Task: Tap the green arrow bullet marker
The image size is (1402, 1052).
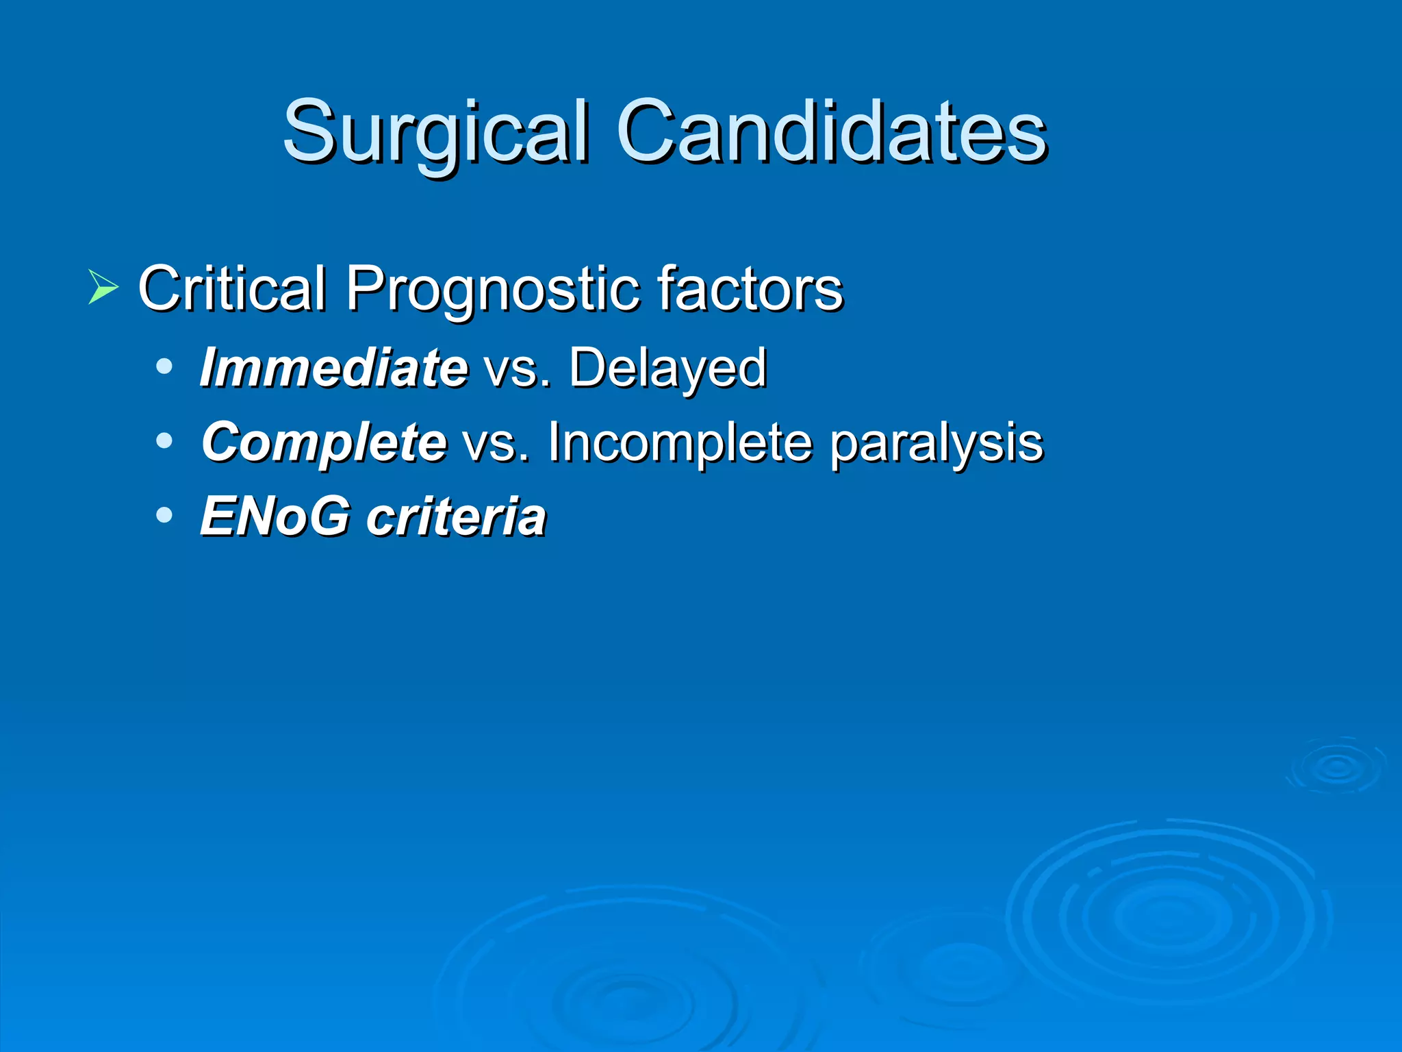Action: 103,287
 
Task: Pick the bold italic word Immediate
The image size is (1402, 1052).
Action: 334,368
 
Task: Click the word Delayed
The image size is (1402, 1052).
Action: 667,369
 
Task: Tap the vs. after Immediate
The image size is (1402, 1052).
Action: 517,369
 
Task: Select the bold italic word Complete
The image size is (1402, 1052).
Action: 324,443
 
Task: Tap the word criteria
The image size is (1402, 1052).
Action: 456,516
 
